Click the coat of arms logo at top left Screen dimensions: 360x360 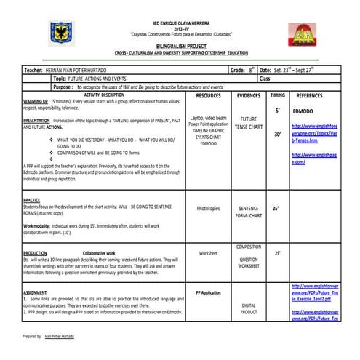[60, 32]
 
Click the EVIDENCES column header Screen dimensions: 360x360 [249, 95]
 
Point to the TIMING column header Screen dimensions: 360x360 [277, 95]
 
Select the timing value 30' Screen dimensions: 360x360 [277, 135]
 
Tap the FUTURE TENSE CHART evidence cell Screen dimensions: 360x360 [249, 123]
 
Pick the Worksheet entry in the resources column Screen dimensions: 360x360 [208, 253]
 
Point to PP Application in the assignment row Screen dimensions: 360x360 [208, 292]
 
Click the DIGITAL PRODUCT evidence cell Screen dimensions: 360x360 [249, 308]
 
